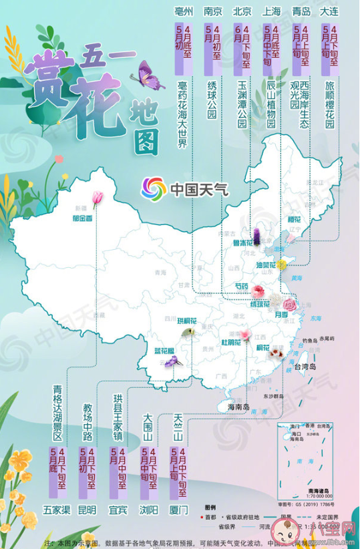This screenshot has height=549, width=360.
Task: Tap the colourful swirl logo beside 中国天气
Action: pyautogui.click(x=153, y=188)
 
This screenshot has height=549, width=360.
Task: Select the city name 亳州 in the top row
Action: pyautogui.click(x=183, y=11)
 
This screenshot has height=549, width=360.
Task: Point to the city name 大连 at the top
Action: pyautogui.click(x=330, y=11)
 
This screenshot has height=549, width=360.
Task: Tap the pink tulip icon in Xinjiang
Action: pyautogui.click(x=98, y=196)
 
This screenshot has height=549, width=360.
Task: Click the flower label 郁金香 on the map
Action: pyautogui.click(x=83, y=218)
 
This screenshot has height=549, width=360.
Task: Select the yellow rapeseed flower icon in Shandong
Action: pyautogui.click(x=281, y=265)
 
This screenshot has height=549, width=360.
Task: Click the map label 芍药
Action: pyautogui.click(x=240, y=287)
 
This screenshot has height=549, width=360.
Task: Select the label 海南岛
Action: pyautogui.click(x=238, y=407)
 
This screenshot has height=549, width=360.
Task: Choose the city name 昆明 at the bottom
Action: pyautogui.click(x=87, y=510)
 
